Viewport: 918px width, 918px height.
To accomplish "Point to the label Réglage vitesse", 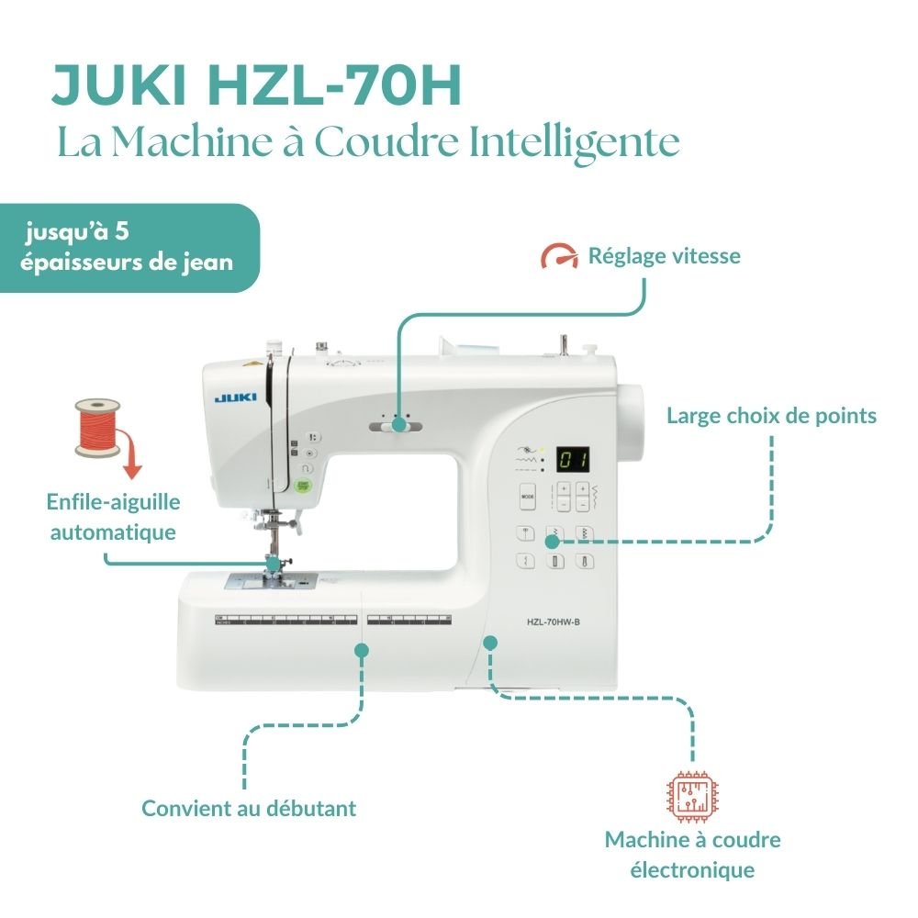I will click(664, 256).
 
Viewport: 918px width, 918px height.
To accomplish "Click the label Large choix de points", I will click(771, 416).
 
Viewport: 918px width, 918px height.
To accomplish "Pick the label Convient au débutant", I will click(249, 809).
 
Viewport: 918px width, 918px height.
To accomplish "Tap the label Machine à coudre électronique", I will click(692, 854).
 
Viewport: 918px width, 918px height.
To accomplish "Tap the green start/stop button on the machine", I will click(304, 485).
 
